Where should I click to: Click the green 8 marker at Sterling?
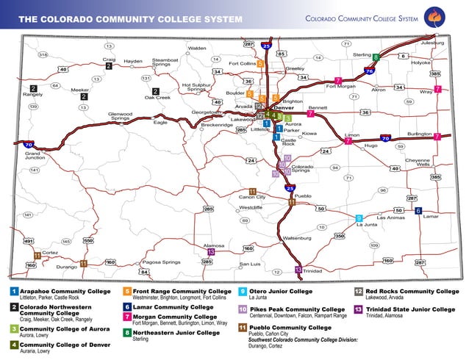[x=376, y=57]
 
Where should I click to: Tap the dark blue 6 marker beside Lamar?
[x=418, y=211]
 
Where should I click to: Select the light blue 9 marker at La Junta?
[x=359, y=218]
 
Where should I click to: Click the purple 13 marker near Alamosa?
[x=211, y=252]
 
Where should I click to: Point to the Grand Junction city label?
[x=35, y=155]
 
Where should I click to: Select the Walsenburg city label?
[x=297, y=238]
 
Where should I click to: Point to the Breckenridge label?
[x=217, y=125]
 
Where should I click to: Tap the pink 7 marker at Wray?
[x=437, y=89]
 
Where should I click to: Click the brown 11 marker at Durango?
[x=84, y=263]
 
